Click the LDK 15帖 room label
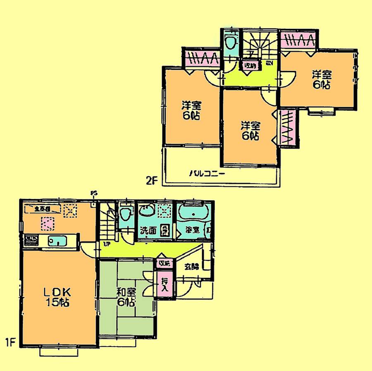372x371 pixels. click(x=57, y=297)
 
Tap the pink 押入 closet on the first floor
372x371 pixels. click(x=164, y=284)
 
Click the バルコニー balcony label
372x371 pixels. click(x=207, y=174)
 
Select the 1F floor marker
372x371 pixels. click(x=10, y=342)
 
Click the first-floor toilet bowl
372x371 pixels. click(x=126, y=215)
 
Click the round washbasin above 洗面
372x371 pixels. click(x=146, y=212)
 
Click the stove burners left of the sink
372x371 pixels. click(x=31, y=240)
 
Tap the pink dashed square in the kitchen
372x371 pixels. click(x=47, y=224)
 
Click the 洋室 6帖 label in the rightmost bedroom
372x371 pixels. click(x=321, y=80)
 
